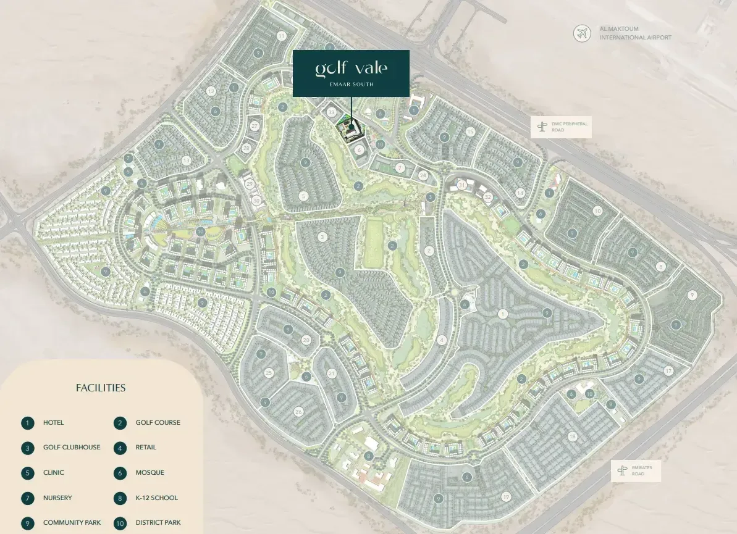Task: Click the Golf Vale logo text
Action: click(x=351, y=68)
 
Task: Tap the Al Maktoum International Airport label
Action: click(x=635, y=33)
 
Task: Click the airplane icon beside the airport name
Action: click(x=581, y=33)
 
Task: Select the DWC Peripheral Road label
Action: click(x=570, y=127)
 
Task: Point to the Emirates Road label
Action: click(x=645, y=471)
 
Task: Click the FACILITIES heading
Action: click(x=101, y=388)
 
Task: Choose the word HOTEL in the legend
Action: click(x=53, y=423)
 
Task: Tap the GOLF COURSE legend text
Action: click(x=158, y=423)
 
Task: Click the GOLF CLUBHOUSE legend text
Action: click(x=72, y=448)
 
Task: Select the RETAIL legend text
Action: click(x=146, y=448)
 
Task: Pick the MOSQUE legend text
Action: click(x=150, y=473)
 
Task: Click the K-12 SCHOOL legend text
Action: click(x=157, y=498)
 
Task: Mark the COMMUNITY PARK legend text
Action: click(x=72, y=523)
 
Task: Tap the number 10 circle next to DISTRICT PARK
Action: click(x=120, y=524)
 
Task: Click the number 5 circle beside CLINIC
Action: click(x=27, y=474)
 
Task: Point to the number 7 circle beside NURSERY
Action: click(x=27, y=498)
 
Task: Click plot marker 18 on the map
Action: click(x=573, y=436)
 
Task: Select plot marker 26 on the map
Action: click(x=299, y=411)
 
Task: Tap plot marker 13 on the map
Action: click(x=187, y=161)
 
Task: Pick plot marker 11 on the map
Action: click(x=282, y=36)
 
